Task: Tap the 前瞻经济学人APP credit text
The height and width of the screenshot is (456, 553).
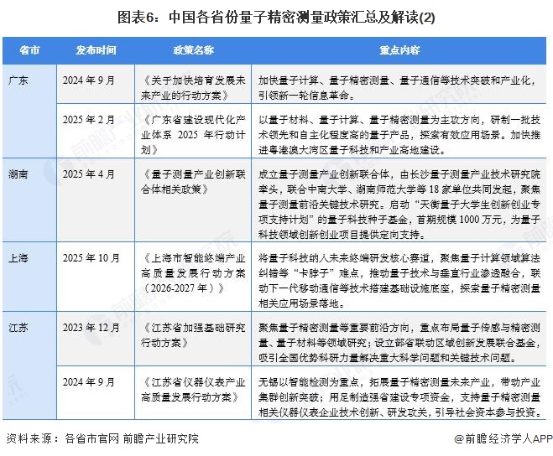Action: pyautogui.click(x=503, y=438)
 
